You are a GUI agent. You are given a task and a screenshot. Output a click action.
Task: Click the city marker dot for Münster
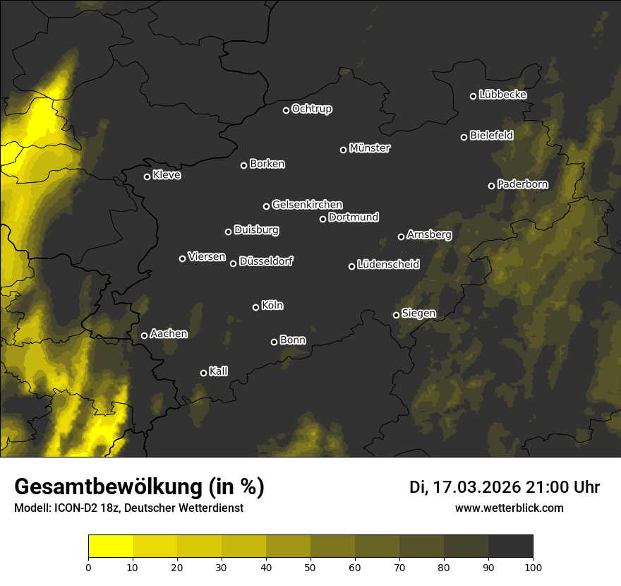[344, 150]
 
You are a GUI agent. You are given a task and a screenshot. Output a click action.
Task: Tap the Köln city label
[272, 306]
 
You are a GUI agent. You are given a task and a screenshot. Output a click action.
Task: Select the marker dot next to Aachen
[144, 335]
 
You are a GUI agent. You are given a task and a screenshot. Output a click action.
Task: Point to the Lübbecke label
[502, 95]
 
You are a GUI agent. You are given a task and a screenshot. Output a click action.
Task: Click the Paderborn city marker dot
[492, 186]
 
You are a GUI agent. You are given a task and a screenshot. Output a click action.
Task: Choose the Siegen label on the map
[418, 313]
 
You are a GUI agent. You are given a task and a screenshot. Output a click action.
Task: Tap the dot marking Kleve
[147, 177]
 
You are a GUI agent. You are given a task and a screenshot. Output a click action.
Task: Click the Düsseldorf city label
[266, 261]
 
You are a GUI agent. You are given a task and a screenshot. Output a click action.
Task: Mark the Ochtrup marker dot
[287, 110]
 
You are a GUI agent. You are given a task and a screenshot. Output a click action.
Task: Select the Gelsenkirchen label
[307, 205]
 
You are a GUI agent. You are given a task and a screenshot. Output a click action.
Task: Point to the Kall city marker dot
[204, 373]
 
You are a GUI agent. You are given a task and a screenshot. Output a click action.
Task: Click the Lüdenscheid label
[388, 265]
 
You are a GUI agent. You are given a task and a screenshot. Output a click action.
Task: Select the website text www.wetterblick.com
[509, 508]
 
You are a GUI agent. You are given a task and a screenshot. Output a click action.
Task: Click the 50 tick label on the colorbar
[310, 567]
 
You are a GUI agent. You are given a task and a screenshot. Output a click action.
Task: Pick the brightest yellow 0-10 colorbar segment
[111, 546]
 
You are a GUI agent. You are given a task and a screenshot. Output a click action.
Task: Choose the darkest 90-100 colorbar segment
[510, 546]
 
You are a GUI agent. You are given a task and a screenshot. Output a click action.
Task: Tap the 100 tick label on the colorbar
[533, 567]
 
